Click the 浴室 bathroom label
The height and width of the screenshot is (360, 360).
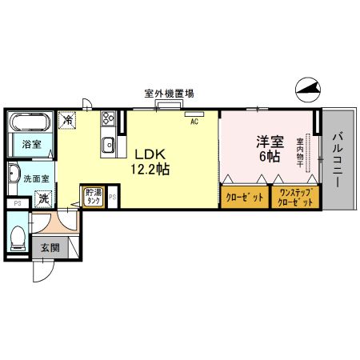tap(32, 145)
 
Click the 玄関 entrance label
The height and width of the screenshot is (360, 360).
tap(50, 247)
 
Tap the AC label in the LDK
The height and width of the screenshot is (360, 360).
tap(194, 122)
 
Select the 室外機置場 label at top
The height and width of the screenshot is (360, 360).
tap(168, 94)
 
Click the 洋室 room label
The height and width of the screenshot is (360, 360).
tap(268, 141)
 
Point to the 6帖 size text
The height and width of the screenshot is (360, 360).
tap(268, 157)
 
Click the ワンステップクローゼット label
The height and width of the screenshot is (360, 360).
tap(296, 197)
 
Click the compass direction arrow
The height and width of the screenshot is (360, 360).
tap(306, 90)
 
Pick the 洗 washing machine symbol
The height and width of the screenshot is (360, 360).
tap(45, 198)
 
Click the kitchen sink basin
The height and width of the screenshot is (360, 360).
tap(106, 145)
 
